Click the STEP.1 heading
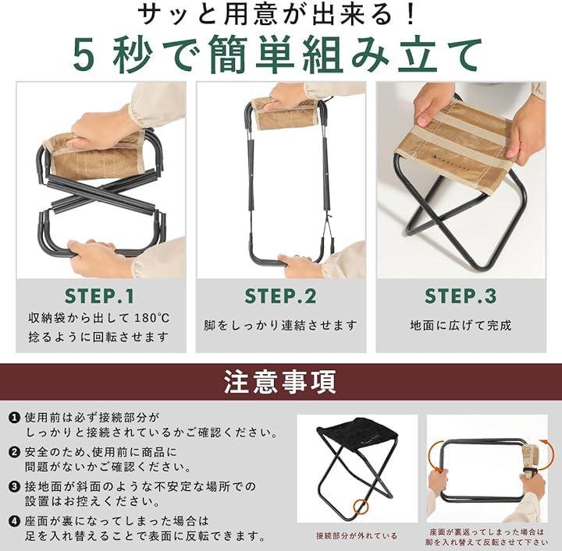(100, 296)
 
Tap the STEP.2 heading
(280, 296)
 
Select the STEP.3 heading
(461, 296)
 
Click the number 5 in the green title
(84, 55)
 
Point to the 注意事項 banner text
(280, 382)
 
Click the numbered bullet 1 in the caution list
(15, 417)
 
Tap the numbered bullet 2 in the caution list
(15, 452)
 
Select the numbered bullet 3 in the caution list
(15, 486)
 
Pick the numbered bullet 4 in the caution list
(15, 521)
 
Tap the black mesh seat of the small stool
(357, 434)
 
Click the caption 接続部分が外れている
(357, 535)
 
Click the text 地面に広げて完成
(461, 325)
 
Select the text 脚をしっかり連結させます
(281, 325)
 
